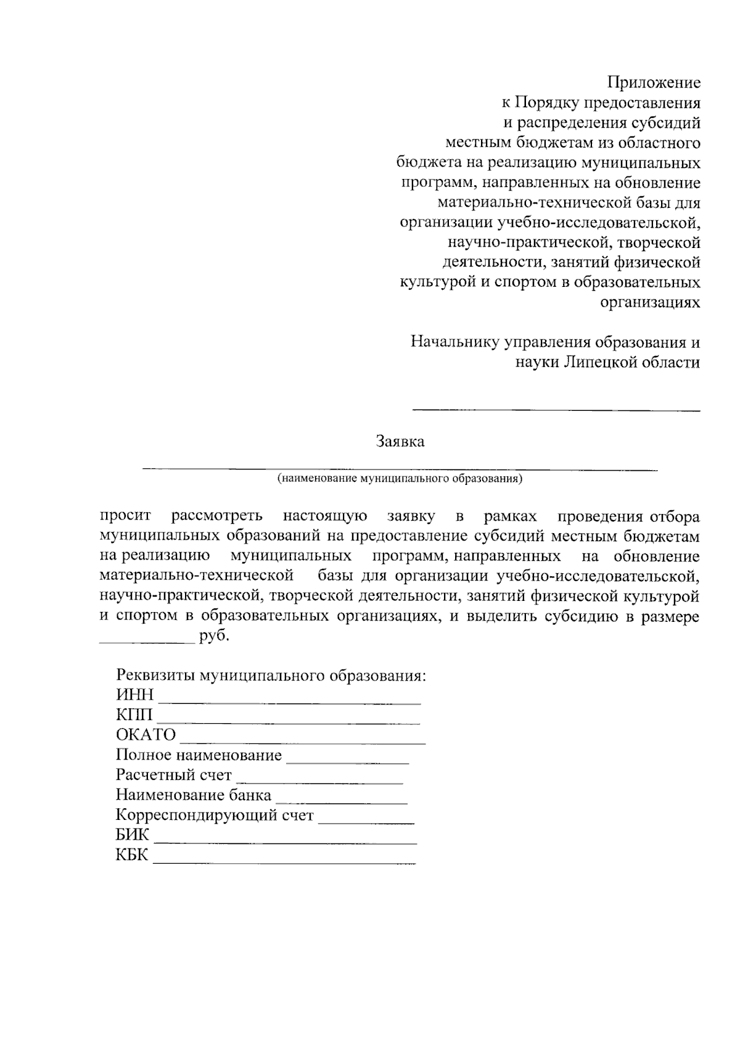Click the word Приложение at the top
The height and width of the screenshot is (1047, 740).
[x=654, y=82]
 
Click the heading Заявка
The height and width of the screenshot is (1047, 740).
[x=400, y=442]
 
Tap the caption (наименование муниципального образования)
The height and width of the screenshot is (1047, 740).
[x=400, y=478]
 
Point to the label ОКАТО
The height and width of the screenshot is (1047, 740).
[x=146, y=735]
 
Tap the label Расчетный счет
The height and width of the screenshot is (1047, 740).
[x=174, y=775]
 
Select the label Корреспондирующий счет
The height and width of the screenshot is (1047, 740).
[x=215, y=816]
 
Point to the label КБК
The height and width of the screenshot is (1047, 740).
[x=132, y=856]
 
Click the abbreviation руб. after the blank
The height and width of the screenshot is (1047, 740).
[x=214, y=636]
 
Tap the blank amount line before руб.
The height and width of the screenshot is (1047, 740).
[x=146, y=642]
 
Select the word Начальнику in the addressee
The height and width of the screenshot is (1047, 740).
[x=455, y=342]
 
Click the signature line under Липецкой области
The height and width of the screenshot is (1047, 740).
[x=556, y=410]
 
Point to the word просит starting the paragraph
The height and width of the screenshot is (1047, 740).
[x=125, y=516]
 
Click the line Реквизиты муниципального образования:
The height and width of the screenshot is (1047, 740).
[x=271, y=675]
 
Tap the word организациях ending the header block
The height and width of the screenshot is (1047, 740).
[x=650, y=302]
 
